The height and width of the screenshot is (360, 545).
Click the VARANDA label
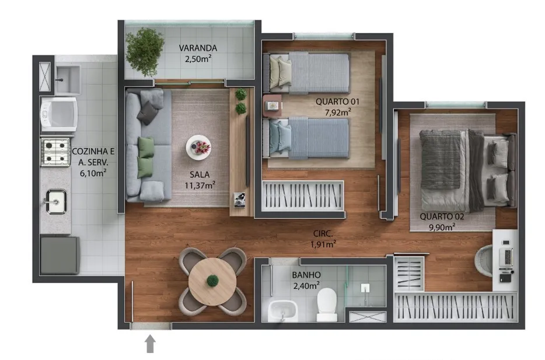click(x=198, y=48)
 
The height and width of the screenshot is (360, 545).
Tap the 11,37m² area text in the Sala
click(x=200, y=185)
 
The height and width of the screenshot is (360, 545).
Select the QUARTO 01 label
click(x=337, y=102)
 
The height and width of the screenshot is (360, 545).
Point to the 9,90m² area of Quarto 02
click(x=442, y=227)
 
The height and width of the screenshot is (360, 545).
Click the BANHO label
click(x=306, y=275)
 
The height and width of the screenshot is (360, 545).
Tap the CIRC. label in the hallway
click(x=323, y=234)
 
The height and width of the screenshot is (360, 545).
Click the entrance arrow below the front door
click(x=150, y=344)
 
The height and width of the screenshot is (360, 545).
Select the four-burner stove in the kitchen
click(x=55, y=152)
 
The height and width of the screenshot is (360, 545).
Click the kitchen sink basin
click(x=55, y=201)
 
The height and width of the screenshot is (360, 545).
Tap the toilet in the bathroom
click(x=327, y=305)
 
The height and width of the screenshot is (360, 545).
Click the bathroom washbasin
click(x=282, y=310)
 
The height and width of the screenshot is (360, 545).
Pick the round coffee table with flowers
click(x=198, y=148)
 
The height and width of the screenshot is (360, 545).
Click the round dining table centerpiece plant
click(x=212, y=281)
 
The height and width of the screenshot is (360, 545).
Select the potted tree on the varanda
click(x=145, y=52)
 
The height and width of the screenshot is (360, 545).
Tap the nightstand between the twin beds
click(x=272, y=106)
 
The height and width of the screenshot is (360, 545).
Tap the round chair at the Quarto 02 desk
click(x=484, y=261)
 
